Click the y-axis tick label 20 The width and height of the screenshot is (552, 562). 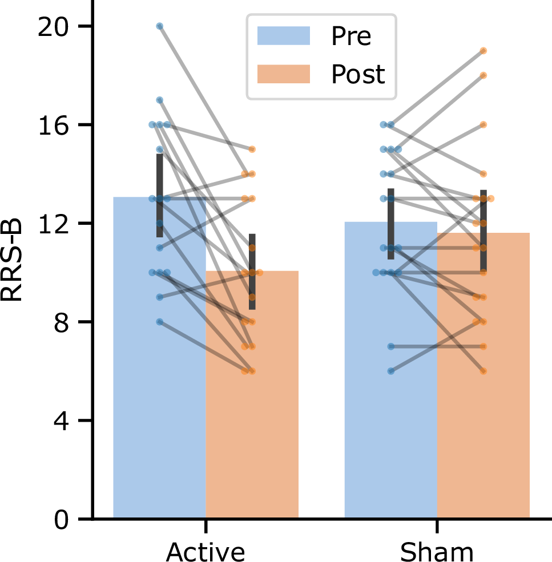pos(54,26)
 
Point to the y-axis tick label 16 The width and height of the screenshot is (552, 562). pos(54,125)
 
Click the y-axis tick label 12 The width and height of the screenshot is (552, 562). pos(54,224)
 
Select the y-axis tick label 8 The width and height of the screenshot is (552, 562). pos(62,322)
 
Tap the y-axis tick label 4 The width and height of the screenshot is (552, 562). pos(62,421)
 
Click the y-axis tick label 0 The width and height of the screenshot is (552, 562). pos(62,519)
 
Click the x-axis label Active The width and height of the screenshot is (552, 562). pos(206,550)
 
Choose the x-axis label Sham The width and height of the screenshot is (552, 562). pos(437,550)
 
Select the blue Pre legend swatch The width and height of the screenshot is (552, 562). pos(284,35)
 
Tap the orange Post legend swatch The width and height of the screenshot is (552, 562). pos(284,74)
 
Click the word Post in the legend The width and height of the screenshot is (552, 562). pos(358,74)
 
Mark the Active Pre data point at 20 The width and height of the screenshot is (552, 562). pos(160,26)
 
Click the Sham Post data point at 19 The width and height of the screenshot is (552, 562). pos(483,51)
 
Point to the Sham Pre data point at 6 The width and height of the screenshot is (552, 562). pos(391,371)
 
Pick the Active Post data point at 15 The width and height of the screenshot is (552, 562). pos(252,149)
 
